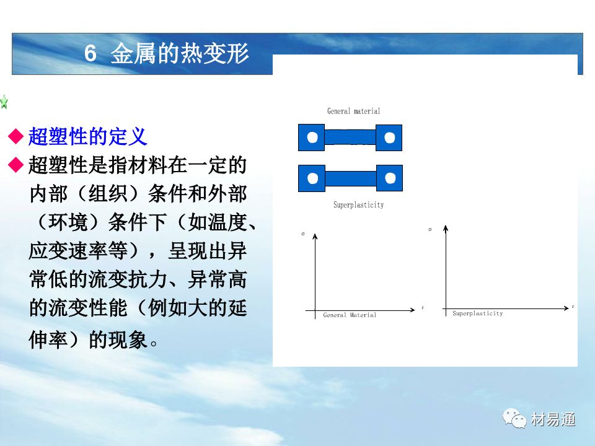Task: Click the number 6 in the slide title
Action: pyautogui.click(x=90, y=53)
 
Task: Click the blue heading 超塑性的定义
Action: pyautogui.click(x=87, y=136)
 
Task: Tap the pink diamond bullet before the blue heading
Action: pyautogui.click(x=16, y=136)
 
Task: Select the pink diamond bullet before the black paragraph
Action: pyautogui.click(x=16, y=165)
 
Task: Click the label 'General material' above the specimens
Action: pyautogui.click(x=354, y=111)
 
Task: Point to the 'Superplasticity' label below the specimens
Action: pyautogui.click(x=359, y=205)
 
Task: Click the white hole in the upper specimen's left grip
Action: pyautogui.click(x=312, y=138)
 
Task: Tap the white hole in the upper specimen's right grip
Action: pyautogui.click(x=390, y=138)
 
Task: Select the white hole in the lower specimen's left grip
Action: pyautogui.click(x=312, y=178)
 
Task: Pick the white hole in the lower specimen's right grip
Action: pyautogui.click(x=390, y=178)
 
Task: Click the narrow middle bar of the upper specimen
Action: pyautogui.click(x=350, y=138)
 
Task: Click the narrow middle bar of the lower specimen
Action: pyautogui.click(x=351, y=178)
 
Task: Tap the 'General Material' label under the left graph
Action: pyautogui.click(x=350, y=315)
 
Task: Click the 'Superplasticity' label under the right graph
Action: pyautogui.click(x=477, y=313)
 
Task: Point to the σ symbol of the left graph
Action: pyautogui.click(x=303, y=234)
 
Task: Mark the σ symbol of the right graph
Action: pyautogui.click(x=430, y=229)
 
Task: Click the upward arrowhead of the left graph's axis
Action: pyautogui.click(x=315, y=237)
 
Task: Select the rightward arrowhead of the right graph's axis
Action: pyautogui.click(x=566, y=308)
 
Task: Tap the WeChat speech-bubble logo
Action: pyautogui.click(x=514, y=418)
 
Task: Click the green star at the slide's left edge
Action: pyautogui.click(x=4, y=102)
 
